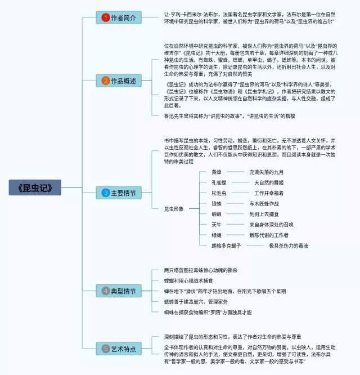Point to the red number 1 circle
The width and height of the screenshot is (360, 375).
point(105,17)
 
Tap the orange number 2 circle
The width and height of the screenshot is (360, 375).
point(105,81)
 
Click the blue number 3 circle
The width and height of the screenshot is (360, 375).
point(105,193)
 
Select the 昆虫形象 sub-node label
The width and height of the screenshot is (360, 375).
point(174,209)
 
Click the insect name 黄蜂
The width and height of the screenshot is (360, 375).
point(217,172)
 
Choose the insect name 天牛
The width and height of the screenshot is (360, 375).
point(217,225)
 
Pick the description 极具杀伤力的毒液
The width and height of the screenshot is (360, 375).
point(288,245)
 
